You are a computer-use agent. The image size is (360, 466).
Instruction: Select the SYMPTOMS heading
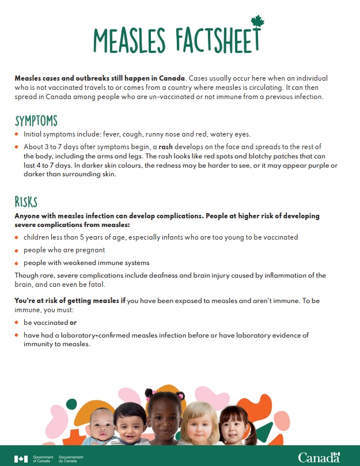tap(36, 120)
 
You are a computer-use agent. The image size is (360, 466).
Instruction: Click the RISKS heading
tap(26, 201)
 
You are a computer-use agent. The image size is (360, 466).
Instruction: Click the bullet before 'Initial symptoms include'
tap(17, 134)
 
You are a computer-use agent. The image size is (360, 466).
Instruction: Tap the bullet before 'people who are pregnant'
tap(17, 251)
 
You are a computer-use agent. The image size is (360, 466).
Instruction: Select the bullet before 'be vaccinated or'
tap(17, 323)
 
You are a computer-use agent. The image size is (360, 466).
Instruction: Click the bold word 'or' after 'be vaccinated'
tap(73, 323)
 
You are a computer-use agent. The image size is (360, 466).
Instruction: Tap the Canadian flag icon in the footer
tap(21, 458)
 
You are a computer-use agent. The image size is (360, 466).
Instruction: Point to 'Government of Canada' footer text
tap(43, 458)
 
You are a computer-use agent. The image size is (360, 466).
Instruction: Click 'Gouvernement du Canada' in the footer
tap(71, 458)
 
